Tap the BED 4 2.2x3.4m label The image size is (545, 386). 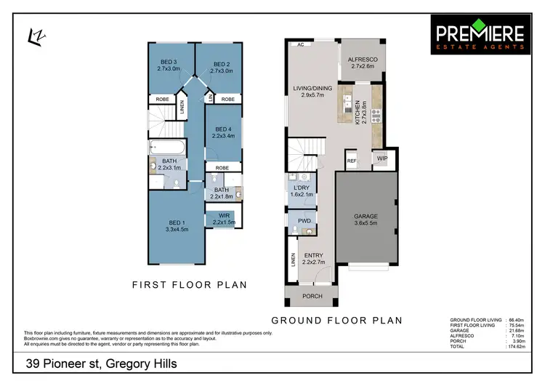(x=223, y=132)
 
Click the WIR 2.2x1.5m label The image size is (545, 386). (x=224, y=218)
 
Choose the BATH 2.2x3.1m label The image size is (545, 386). (x=169, y=164)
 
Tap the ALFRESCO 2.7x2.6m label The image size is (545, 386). (x=361, y=62)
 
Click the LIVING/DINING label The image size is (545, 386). (x=312, y=92)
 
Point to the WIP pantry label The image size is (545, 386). (x=381, y=157)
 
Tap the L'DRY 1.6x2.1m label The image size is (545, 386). (x=302, y=190)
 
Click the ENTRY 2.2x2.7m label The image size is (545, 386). (x=313, y=258)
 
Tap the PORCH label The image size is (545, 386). (x=312, y=296)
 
